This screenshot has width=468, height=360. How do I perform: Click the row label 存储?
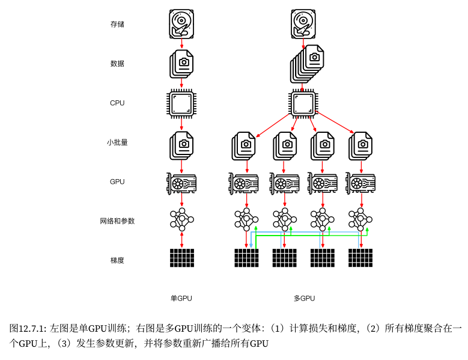(x=117, y=25)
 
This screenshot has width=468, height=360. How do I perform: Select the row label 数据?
(x=117, y=64)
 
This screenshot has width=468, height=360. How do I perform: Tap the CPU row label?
(x=117, y=103)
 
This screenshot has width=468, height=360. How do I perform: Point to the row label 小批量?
(x=117, y=142)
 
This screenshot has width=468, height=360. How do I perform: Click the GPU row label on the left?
(x=117, y=182)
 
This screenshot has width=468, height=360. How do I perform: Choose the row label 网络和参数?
(x=117, y=221)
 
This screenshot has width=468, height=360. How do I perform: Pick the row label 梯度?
(x=117, y=260)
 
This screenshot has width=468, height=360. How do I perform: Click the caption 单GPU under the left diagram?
(x=181, y=298)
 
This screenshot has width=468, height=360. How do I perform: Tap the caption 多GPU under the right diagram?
(x=304, y=298)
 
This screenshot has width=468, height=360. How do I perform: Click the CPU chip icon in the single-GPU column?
(x=181, y=103)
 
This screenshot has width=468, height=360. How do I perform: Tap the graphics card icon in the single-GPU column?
(x=181, y=183)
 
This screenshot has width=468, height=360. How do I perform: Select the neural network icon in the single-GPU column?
(x=181, y=221)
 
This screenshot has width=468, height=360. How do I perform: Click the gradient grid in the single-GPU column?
(x=181, y=258)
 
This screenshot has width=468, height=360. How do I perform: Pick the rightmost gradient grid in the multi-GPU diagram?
(x=360, y=258)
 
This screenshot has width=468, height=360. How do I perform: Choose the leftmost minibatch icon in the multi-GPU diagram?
(x=244, y=145)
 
